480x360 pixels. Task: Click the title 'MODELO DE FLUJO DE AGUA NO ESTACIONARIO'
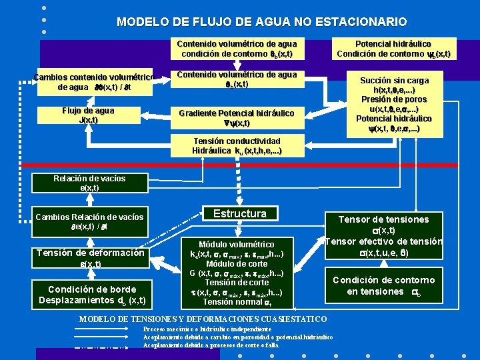click(x=261, y=22)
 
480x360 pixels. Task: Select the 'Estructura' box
click(x=239, y=214)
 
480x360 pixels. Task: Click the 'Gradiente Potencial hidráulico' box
click(x=236, y=118)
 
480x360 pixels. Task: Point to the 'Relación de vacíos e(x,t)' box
click(x=89, y=183)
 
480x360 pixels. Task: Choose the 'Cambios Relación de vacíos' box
click(x=89, y=221)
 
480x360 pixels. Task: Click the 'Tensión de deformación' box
click(x=89, y=258)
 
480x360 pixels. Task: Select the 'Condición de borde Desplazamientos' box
click(x=89, y=294)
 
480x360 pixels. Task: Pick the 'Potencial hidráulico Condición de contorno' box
click(x=393, y=49)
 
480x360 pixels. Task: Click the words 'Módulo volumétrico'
click(x=236, y=245)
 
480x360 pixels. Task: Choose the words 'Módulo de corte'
click(x=236, y=263)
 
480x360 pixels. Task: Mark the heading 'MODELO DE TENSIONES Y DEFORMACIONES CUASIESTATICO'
click(x=203, y=319)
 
